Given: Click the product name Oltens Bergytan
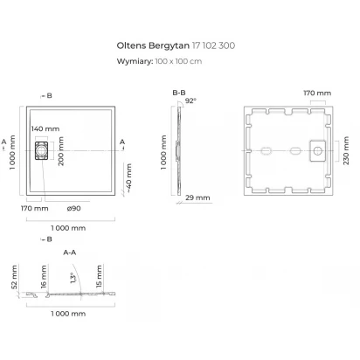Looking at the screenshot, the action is (x=153, y=45).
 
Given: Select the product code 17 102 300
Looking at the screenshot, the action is (x=213, y=45).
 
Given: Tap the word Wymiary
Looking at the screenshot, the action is (x=135, y=61).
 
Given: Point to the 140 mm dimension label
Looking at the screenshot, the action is (x=45, y=128).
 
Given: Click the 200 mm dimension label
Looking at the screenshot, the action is (x=61, y=151).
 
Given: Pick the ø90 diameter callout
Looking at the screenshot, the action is (x=73, y=208).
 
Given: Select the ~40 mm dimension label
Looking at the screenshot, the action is (x=128, y=177).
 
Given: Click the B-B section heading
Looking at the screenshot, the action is (x=179, y=93).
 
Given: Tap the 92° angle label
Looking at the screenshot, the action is (x=190, y=100).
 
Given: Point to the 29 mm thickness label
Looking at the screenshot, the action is (x=197, y=197).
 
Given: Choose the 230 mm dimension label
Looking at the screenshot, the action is (x=346, y=150).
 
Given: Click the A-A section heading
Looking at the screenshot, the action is (x=70, y=253).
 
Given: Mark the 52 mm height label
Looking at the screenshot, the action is (x=14, y=277).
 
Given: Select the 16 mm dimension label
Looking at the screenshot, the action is (x=44, y=276).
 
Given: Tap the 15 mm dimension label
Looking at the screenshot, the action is (x=99, y=276).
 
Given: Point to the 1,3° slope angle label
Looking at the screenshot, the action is (x=73, y=278).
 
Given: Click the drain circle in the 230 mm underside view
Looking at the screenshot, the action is (x=317, y=151).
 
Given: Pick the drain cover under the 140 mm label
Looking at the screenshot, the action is (x=41, y=150).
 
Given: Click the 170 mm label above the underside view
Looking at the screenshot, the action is (x=317, y=93).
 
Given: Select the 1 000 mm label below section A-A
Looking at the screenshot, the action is (x=68, y=314).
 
